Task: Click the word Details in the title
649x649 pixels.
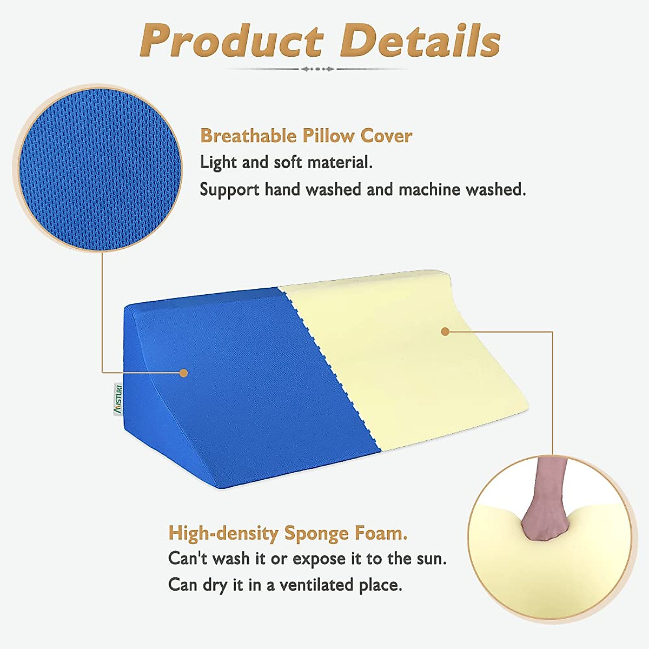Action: pyautogui.click(x=421, y=41)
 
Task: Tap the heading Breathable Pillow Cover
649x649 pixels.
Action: pyautogui.click(x=306, y=136)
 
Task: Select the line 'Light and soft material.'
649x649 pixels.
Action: pyautogui.click(x=286, y=162)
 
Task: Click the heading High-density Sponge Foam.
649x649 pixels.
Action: pyautogui.click(x=288, y=533)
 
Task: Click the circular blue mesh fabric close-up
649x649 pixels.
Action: pyautogui.click(x=98, y=170)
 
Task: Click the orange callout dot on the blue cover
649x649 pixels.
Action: pyautogui.click(x=183, y=373)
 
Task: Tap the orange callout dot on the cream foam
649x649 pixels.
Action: pyautogui.click(x=445, y=332)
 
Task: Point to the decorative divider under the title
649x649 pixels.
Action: pyautogui.click(x=318, y=69)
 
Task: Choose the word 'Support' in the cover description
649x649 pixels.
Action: pyautogui.click(x=229, y=190)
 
